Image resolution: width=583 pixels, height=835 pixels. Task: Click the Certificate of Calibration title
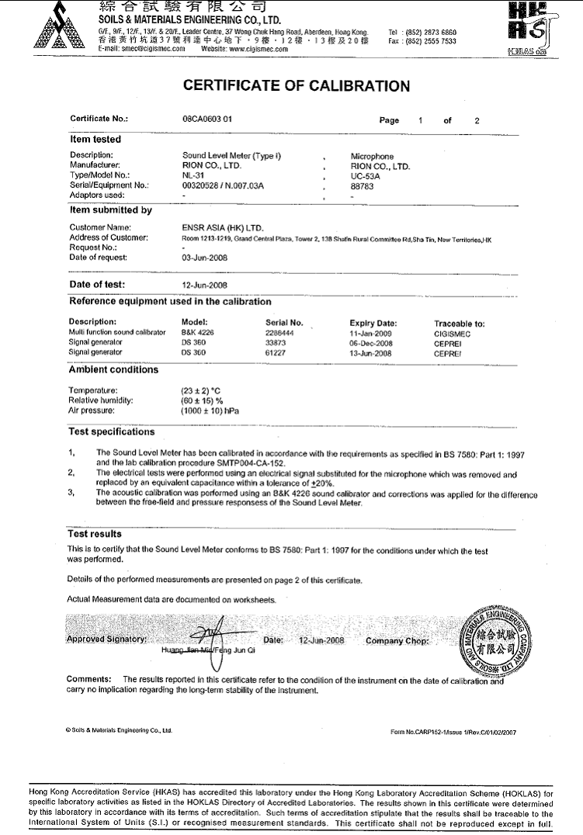click(x=296, y=86)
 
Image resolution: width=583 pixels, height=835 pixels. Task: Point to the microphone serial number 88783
click(x=362, y=185)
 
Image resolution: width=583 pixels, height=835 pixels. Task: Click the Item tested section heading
click(x=95, y=140)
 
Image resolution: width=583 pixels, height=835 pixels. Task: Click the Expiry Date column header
click(x=373, y=322)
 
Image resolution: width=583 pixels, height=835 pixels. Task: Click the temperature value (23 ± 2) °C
click(x=203, y=390)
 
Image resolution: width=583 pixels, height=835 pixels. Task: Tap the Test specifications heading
click(x=112, y=432)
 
